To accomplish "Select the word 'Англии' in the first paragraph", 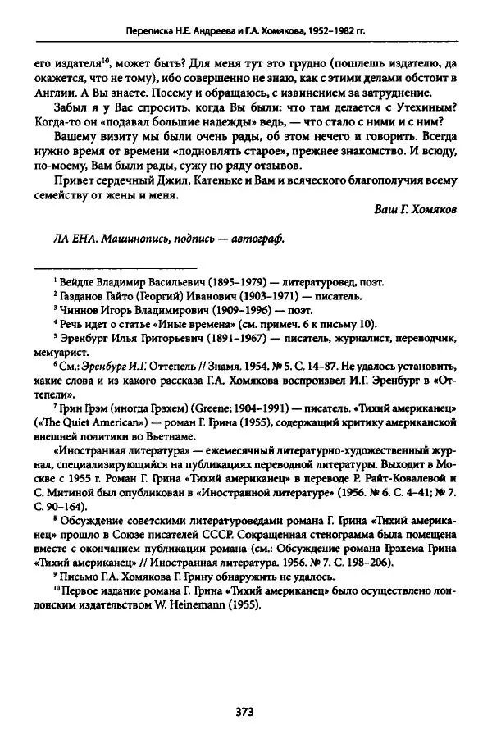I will [52, 93].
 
